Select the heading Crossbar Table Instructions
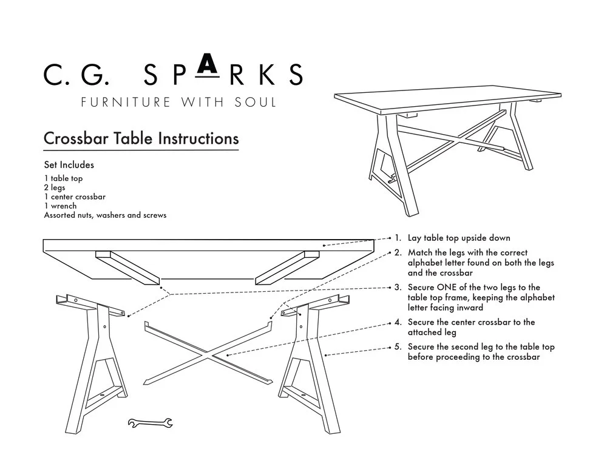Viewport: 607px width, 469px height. click(141, 138)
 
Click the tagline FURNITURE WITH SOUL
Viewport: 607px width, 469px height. click(179, 102)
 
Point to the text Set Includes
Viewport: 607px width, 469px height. click(69, 165)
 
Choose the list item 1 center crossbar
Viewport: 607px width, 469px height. click(75, 197)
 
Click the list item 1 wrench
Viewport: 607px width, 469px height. click(60, 206)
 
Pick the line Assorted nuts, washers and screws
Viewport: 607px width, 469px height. click(105, 215)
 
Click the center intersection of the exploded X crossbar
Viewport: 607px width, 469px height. click(208, 353)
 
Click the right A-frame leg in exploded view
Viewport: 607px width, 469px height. click(307, 364)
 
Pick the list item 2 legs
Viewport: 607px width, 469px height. click(55, 187)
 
